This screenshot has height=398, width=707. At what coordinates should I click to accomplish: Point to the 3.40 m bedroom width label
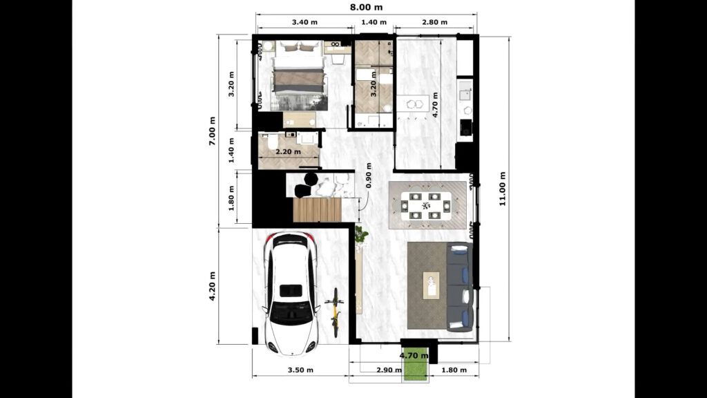pos(304,22)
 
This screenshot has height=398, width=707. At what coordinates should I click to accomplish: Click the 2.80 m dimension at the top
pos(434,22)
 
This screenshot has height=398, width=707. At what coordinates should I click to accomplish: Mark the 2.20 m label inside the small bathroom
pos(288,151)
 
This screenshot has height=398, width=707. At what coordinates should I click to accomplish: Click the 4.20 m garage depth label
pos(214,285)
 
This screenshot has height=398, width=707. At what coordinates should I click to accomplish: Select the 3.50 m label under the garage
pos(298,370)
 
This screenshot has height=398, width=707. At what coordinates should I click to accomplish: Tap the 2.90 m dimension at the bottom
pos(389,370)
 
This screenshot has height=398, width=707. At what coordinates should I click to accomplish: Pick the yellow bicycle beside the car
pos(335,312)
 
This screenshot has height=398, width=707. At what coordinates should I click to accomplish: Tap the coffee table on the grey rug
pos(432,285)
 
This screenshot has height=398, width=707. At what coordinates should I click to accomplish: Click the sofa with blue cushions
pos(458,286)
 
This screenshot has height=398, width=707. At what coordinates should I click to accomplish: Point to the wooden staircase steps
pos(317,209)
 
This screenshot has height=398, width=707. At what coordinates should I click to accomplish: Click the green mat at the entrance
pos(414,363)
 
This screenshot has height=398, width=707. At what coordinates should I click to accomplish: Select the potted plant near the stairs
pos(360,236)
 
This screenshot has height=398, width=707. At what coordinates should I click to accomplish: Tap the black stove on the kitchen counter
pos(465,128)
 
